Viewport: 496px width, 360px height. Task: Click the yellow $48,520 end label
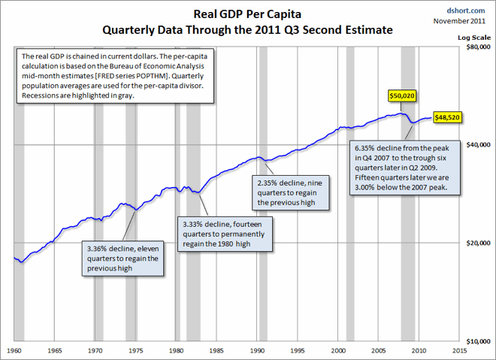(x=447, y=118)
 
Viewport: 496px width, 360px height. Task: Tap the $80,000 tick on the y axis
(x=478, y=47)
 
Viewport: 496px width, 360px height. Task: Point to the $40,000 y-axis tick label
(x=478, y=144)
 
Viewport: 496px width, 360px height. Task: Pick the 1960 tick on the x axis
(x=14, y=350)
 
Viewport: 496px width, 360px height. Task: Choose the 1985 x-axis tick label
(x=216, y=350)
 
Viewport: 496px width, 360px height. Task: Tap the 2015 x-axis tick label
(x=460, y=350)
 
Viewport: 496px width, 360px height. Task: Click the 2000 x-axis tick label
(x=338, y=350)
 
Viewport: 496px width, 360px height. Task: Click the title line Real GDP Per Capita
(x=248, y=14)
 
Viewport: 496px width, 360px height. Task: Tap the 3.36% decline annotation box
(x=122, y=258)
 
